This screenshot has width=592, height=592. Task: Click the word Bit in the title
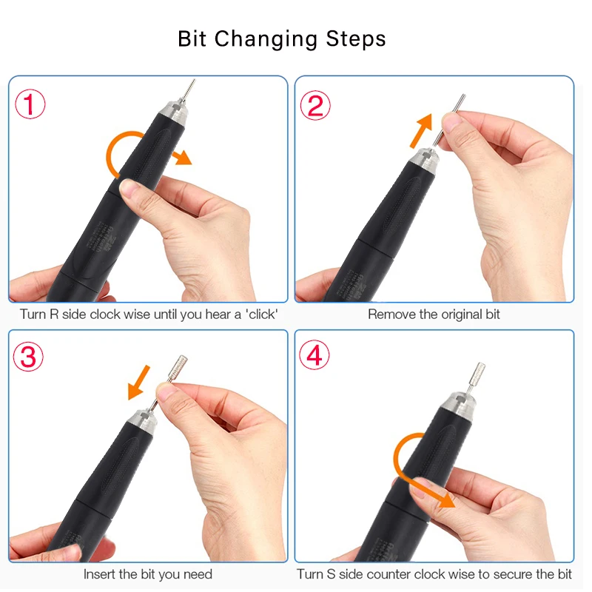[192, 38]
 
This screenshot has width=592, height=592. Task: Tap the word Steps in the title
[356, 38]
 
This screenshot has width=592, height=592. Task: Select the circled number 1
[30, 104]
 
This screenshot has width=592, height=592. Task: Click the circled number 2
[315, 105]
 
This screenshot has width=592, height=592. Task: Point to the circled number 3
[29, 357]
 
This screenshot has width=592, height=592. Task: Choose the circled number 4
[314, 355]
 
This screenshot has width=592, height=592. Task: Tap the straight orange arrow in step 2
[421, 131]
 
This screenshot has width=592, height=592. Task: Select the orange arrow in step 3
[139, 382]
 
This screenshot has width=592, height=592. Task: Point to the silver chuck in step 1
[173, 114]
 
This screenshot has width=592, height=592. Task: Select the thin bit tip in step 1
[189, 90]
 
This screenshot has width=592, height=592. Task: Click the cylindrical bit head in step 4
[477, 373]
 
